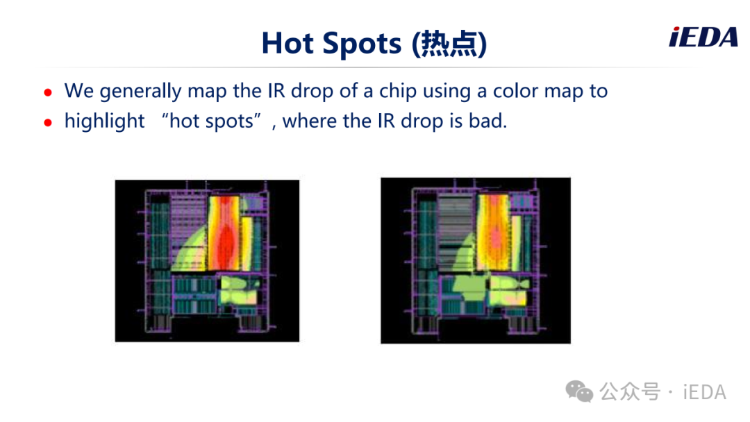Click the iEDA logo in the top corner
pyautogui.click(x=703, y=37)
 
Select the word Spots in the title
pyautogui.click(x=362, y=44)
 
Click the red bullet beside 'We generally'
pyautogui.click(x=48, y=92)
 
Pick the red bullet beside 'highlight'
pyautogui.click(x=48, y=123)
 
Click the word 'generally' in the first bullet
pyautogui.click(x=140, y=91)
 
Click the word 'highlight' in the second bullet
pyautogui.click(x=104, y=121)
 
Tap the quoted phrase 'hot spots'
pyautogui.click(x=211, y=121)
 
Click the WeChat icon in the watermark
pyautogui.click(x=579, y=391)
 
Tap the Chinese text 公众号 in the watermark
pyautogui.click(x=630, y=392)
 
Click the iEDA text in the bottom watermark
pyautogui.click(x=705, y=392)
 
